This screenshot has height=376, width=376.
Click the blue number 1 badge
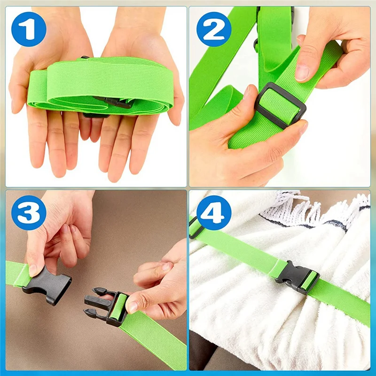tap(29, 29)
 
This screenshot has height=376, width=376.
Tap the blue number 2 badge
tap(214, 29)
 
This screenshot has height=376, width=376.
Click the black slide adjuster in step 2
tap(280, 105)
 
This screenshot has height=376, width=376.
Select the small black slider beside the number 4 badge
tap(195, 227)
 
